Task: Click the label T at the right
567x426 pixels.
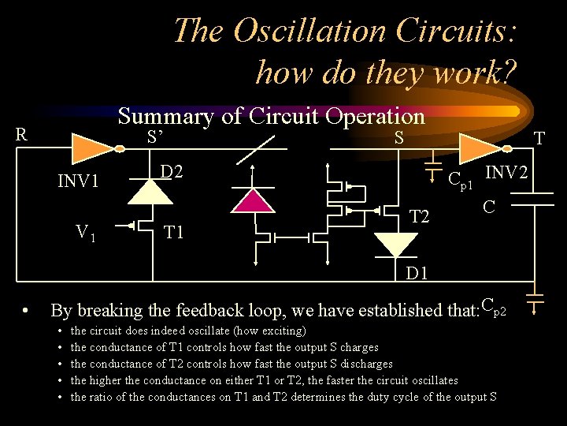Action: coord(539,139)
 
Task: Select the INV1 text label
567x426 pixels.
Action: coord(78,181)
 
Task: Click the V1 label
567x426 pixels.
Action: coord(85,233)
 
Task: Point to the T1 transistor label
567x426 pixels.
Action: coord(174,232)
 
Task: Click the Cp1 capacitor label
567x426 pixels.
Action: coord(460,181)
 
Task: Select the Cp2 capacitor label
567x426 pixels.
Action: coord(498,304)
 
